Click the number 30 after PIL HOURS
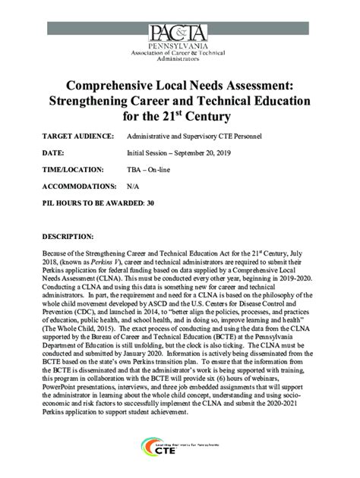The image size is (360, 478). click(151, 203)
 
